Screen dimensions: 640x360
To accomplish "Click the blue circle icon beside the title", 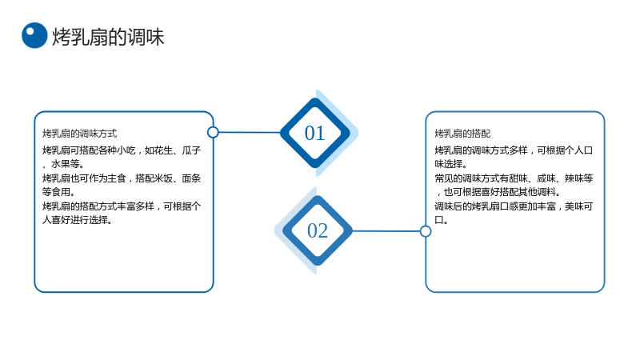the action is [34, 35].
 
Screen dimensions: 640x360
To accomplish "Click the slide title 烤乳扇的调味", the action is [108, 37].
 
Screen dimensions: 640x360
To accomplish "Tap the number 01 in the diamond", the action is [314, 133].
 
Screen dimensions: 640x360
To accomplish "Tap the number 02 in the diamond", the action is [318, 230].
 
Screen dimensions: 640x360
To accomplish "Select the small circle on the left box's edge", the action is [213, 132].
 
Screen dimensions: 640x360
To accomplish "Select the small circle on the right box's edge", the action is [426, 231].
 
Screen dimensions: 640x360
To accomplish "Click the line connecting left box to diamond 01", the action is [250, 132].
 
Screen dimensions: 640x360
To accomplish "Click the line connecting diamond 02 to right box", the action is [386, 231].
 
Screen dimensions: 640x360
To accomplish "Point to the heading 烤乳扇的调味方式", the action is [79, 134].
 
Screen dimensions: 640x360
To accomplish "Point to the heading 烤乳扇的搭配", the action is [462, 134].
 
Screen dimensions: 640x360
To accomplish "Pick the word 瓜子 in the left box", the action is [191, 150].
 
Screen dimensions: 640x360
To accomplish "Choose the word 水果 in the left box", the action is [61, 164].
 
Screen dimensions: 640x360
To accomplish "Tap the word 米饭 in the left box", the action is [163, 178].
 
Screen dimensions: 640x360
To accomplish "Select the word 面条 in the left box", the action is [191, 178].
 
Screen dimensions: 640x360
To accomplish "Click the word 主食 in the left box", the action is [117, 178].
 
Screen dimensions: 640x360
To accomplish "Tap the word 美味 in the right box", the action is [574, 206].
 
